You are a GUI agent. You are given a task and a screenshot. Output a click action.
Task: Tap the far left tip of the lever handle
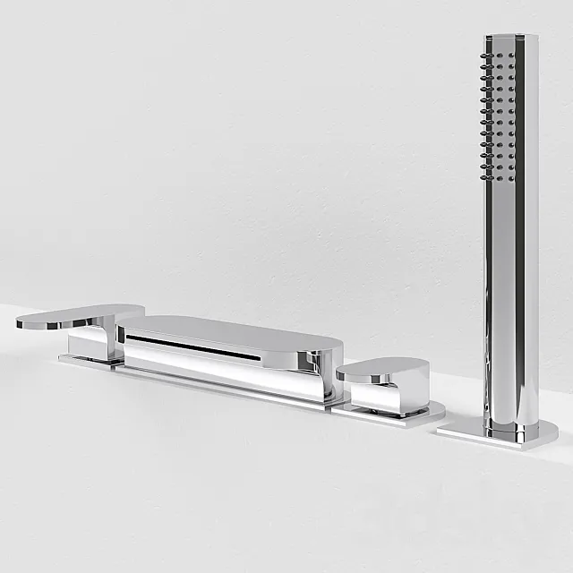click(20, 323)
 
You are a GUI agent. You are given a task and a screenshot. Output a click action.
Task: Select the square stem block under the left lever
click(90, 343)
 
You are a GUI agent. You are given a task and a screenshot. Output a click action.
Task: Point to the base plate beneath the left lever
click(85, 362)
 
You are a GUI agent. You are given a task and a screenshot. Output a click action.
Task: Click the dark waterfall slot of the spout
click(192, 347)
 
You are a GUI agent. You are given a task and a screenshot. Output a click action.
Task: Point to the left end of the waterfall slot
click(129, 338)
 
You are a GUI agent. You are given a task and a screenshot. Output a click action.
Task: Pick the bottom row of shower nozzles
click(498, 177)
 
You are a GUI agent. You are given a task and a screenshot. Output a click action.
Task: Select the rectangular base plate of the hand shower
click(497, 435)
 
